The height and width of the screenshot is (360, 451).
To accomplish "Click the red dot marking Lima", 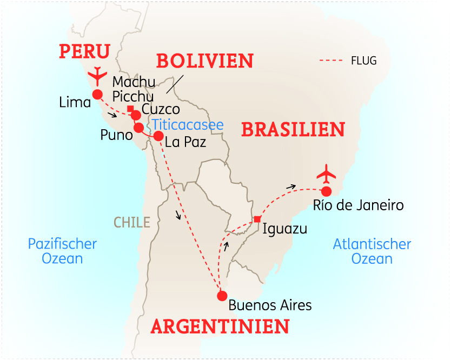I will click(97, 95).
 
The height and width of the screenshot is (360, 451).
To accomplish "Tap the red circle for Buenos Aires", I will click(222, 296).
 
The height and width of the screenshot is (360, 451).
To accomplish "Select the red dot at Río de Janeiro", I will click(326, 191).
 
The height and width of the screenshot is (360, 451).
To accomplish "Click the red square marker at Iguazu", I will click(257, 219).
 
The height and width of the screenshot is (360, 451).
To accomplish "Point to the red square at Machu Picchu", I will click(130, 109).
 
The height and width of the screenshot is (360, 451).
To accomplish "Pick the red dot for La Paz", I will click(158, 136).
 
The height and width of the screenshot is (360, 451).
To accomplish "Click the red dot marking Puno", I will click(138, 128).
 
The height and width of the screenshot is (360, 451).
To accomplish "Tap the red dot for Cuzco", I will click(136, 115).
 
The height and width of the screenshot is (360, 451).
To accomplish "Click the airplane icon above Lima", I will click(98, 76).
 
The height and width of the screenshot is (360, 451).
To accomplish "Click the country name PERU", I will click(85, 52).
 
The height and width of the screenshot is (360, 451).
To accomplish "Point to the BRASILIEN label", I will click(293, 130).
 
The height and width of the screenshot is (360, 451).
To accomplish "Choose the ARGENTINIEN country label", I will click(220, 326).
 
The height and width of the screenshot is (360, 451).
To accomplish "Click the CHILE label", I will click(132, 222).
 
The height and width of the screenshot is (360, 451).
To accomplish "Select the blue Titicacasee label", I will click(188, 124).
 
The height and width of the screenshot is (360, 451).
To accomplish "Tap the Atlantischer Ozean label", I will click(372, 251).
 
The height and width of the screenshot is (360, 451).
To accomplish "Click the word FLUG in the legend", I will click(363, 61).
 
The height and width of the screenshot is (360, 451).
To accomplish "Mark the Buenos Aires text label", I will click(270, 305).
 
